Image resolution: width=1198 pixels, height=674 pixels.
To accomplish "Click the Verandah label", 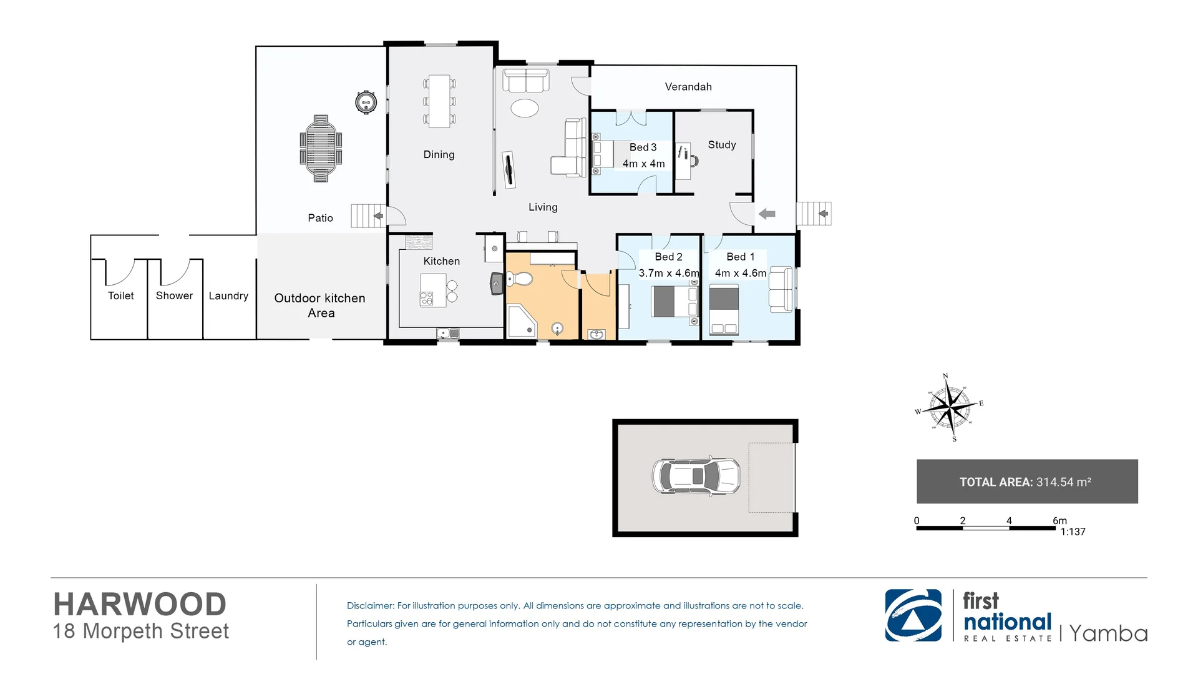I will (x=688, y=87).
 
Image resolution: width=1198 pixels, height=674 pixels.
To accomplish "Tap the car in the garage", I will (x=696, y=476).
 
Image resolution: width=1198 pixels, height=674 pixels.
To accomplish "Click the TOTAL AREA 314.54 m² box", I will (x=1026, y=482).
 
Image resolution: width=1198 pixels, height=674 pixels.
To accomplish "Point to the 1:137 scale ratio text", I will (x=1073, y=532).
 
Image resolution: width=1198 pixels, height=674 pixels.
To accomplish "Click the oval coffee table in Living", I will (x=524, y=108).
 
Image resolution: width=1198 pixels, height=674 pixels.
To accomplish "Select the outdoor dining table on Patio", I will (x=321, y=149).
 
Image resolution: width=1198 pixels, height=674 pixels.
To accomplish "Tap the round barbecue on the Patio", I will (x=366, y=102).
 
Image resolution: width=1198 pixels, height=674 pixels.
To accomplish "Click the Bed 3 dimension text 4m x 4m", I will (x=643, y=164).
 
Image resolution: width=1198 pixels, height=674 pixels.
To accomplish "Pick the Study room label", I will (x=721, y=145).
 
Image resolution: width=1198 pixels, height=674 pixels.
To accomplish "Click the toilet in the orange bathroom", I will (x=519, y=278).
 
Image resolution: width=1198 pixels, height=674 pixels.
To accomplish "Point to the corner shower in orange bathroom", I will (x=520, y=321).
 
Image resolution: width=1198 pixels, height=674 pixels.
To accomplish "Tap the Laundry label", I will (x=228, y=296).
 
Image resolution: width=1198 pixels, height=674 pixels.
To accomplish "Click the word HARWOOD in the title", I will (x=140, y=604).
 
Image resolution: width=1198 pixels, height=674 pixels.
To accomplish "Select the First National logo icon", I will (x=913, y=615).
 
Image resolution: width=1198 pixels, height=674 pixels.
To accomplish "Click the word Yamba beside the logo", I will (x=1108, y=633).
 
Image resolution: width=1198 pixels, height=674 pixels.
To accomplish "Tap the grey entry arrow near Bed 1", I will (x=766, y=214).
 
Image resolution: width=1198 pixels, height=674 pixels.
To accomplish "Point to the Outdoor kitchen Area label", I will (x=320, y=305).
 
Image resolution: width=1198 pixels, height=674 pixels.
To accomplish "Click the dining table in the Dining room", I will (x=439, y=101).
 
